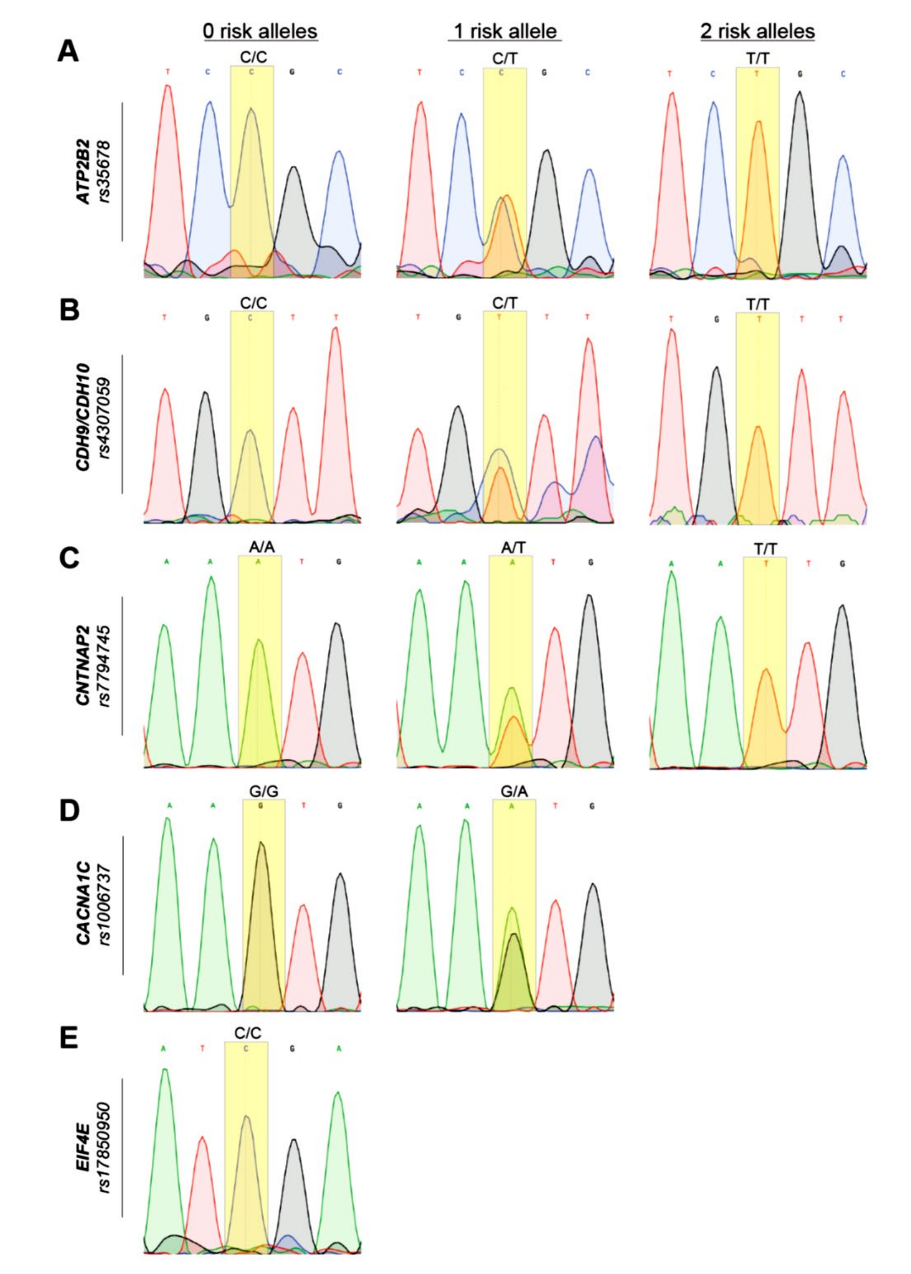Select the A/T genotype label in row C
513,548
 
